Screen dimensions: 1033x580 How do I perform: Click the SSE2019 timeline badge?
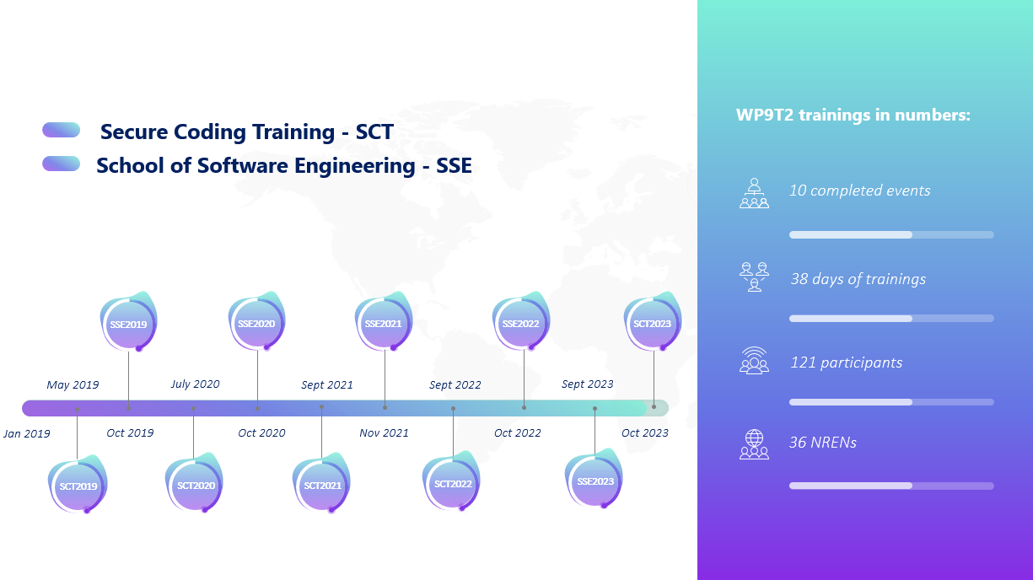[129, 322]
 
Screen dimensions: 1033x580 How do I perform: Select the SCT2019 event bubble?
[78, 484]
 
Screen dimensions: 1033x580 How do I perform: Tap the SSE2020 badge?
[257, 321]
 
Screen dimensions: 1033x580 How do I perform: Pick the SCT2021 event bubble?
[321, 483]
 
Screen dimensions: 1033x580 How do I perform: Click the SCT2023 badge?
[653, 321]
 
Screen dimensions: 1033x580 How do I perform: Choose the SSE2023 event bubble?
[594, 479]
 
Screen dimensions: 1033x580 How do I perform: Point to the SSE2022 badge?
[521, 321]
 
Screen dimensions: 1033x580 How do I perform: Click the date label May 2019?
[73, 384]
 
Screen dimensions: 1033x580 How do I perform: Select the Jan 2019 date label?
[27, 433]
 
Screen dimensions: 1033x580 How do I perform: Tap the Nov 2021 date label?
[385, 433]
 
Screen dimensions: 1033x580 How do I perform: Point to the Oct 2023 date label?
[645, 433]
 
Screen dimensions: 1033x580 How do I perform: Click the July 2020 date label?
[195, 384]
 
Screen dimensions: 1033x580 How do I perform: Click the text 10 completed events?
[859, 191]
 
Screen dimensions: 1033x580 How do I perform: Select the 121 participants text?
[847, 362]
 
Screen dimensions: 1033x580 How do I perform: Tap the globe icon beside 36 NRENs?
[755, 444]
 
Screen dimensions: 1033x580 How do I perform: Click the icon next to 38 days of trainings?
[755, 277]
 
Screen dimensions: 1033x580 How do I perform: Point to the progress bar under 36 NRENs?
[891, 486]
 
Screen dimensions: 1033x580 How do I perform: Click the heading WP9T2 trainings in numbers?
[853, 115]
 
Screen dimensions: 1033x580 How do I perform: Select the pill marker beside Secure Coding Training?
[62, 130]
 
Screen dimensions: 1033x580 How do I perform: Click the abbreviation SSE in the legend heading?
[454, 165]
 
